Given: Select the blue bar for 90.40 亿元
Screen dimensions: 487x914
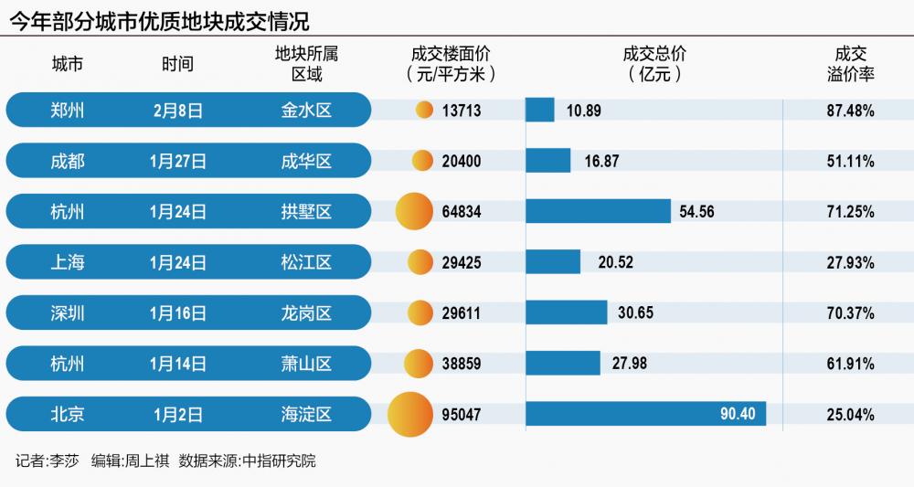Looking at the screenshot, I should pyautogui.click(x=645, y=414).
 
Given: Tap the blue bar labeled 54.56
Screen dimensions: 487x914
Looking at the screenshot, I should pyautogui.click(x=598, y=211).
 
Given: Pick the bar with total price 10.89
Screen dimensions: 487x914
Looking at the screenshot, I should pyautogui.click(x=540, y=111).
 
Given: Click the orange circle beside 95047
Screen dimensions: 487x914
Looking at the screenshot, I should pyautogui.click(x=409, y=414).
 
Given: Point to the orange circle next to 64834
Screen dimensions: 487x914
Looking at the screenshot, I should pyautogui.click(x=412, y=211).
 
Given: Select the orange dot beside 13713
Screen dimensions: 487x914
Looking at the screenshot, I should pyautogui.click(x=423, y=111).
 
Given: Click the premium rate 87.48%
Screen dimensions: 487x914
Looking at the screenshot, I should pyautogui.click(x=850, y=111).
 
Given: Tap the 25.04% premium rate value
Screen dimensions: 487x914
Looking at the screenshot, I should pyautogui.click(x=850, y=414).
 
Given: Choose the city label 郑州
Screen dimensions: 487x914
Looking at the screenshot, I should pyautogui.click(x=68, y=111).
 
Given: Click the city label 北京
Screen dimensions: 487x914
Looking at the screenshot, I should pyautogui.click(x=68, y=414).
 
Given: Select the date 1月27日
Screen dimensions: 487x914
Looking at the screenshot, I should pyautogui.click(x=178, y=161).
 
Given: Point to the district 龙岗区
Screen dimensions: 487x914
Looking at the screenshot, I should pyautogui.click(x=306, y=312).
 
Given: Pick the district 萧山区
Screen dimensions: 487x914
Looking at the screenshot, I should pyautogui.click(x=306, y=364).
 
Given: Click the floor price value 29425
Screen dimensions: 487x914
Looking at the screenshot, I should pyautogui.click(x=461, y=262).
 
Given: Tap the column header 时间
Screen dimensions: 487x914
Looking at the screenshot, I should pyautogui.click(x=178, y=64).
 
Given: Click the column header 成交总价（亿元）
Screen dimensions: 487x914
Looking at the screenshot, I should pyautogui.click(x=654, y=64).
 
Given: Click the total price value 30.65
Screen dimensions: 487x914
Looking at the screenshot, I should pyautogui.click(x=635, y=312).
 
